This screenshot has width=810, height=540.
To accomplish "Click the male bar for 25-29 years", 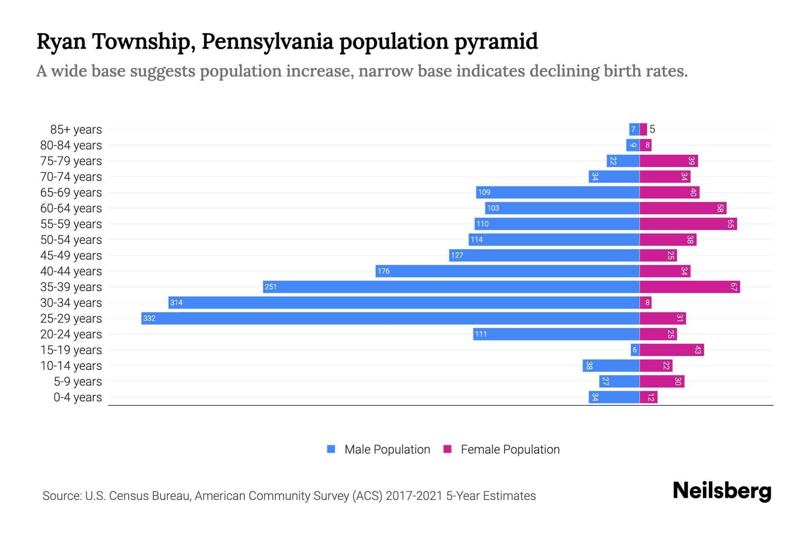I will pyautogui.click(x=390, y=319).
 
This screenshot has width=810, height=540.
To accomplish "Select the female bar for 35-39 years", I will pyautogui.click(x=689, y=287).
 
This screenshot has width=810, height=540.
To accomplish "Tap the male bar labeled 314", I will pyautogui.click(x=404, y=303).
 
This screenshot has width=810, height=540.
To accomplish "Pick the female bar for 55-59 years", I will pyautogui.click(x=688, y=224).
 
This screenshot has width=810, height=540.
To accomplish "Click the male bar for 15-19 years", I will pyautogui.click(x=635, y=350).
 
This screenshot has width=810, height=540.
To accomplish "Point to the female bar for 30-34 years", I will pyautogui.click(x=645, y=303).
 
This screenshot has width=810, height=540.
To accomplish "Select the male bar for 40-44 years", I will pyautogui.click(x=508, y=271).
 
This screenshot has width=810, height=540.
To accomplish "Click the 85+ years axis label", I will pyautogui.click(x=76, y=130).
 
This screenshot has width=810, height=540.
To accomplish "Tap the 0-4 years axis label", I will pyautogui.click(x=77, y=397).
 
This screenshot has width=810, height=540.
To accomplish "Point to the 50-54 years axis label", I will pyautogui.click(x=71, y=240).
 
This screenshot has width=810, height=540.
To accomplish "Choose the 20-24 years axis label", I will pyautogui.click(x=71, y=334).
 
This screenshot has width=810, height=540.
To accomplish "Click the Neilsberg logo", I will pyautogui.click(x=722, y=491).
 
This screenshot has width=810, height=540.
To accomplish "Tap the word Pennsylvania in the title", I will pyautogui.click(x=267, y=41).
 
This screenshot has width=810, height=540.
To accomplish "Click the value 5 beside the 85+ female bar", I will pyautogui.click(x=652, y=130).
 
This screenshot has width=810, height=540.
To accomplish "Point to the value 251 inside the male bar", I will pyautogui.click(x=270, y=287).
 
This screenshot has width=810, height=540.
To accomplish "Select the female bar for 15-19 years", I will pyautogui.click(x=671, y=350).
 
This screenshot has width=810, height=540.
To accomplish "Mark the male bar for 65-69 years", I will pyautogui.click(x=558, y=193).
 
